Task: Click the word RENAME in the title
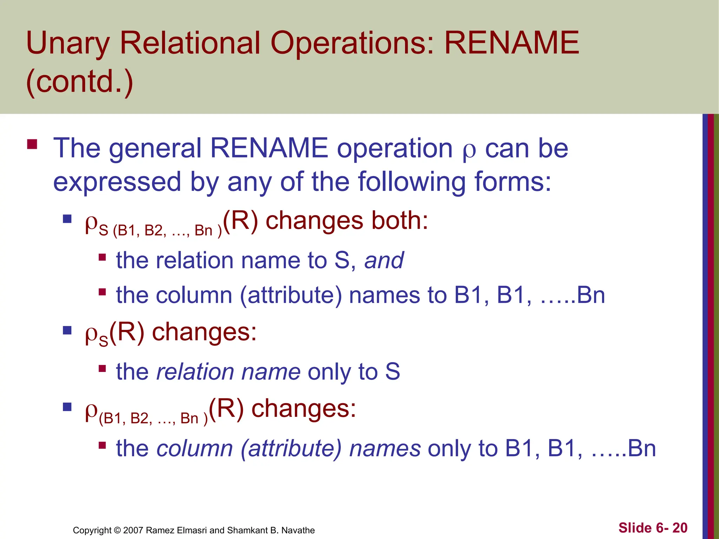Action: [x=512, y=43]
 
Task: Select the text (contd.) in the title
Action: [x=80, y=81]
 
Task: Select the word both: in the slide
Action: [x=400, y=221]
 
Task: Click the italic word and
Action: [x=384, y=260]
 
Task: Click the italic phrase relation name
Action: [x=228, y=372]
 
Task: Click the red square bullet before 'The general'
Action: [x=32, y=145]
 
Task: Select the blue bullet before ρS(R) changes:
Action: [x=67, y=331]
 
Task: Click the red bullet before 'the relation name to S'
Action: [x=102, y=258]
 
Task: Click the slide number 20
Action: [x=680, y=528]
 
